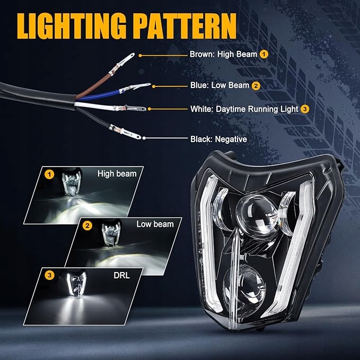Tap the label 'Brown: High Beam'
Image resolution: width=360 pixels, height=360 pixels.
click(x=223, y=54)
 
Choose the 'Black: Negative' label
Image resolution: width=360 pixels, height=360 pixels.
click(x=218, y=139)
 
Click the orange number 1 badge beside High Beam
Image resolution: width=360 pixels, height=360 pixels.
click(x=264, y=54)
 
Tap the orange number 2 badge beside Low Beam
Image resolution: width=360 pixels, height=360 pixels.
click(x=256, y=85)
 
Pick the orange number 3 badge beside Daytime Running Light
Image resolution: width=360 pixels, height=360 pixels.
click(x=304, y=109)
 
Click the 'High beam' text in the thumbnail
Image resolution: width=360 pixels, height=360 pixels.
click(x=117, y=173)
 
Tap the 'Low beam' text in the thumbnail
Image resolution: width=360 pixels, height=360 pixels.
click(x=155, y=224)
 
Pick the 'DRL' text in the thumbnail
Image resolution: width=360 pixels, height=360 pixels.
click(x=120, y=275)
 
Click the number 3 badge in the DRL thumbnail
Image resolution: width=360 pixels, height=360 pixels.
click(x=50, y=275)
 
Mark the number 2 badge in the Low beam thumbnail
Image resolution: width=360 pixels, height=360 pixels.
click(x=88, y=225)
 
